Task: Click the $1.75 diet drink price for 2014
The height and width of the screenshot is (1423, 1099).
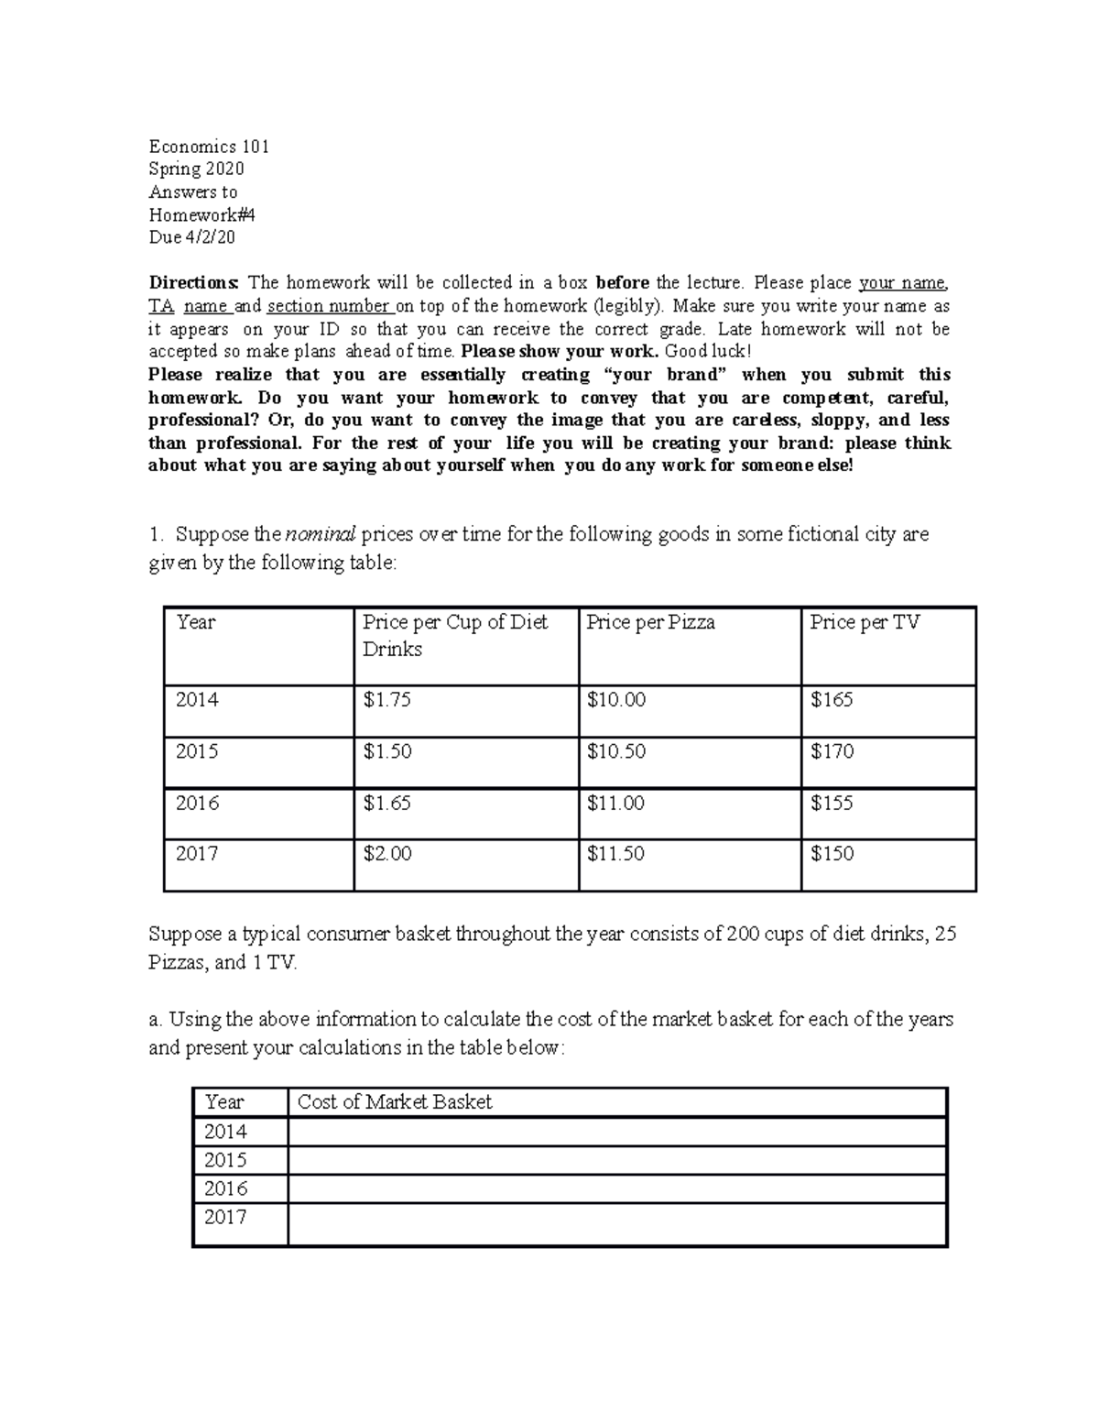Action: point(386,700)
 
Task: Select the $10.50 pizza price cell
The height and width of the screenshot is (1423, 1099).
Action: point(615,751)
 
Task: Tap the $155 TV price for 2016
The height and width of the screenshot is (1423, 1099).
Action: point(832,803)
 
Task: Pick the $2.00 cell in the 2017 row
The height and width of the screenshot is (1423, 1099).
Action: point(386,853)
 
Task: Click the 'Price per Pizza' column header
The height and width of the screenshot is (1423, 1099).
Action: point(650,622)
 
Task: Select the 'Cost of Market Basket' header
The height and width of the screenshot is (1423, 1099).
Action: point(395,1102)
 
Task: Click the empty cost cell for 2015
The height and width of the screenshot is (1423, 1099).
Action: point(616,1160)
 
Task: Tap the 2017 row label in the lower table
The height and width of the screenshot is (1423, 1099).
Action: point(225,1217)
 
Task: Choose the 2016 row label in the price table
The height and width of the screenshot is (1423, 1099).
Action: point(197,803)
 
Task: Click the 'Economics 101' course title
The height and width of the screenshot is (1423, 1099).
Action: point(209,147)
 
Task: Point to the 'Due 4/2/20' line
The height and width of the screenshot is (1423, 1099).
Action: point(191,237)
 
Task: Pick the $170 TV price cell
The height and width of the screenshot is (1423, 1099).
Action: point(832,751)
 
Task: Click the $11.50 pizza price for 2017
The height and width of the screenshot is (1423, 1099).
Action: point(615,853)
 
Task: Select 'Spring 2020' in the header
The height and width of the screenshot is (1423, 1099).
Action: point(196,169)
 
